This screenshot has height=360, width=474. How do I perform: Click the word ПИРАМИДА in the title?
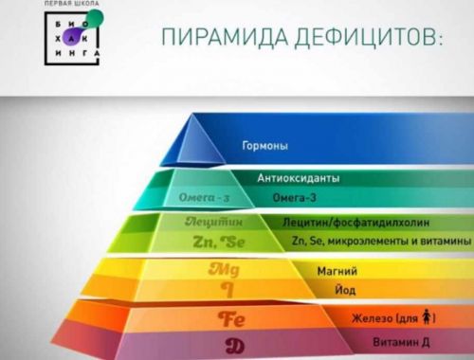tap(218, 40)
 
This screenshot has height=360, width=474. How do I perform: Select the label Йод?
tap(319, 291)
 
